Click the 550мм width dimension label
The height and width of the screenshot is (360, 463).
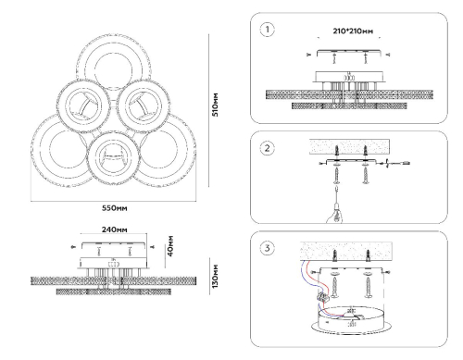click(x=115, y=208)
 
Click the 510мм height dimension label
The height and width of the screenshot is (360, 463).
click(x=215, y=105)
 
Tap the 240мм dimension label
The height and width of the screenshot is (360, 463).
click(x=115, y=230)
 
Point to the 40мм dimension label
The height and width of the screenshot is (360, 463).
click(x=170, y=246)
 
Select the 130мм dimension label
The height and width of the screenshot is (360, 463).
click(x=215, y=277)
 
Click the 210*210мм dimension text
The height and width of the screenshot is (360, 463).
click(x=353, y=31)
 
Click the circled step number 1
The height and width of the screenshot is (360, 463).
click(x=267, y=30)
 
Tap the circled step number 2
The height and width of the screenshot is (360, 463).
click(x=267, y=148)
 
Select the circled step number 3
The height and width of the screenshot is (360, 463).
click(x=267, y=248)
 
